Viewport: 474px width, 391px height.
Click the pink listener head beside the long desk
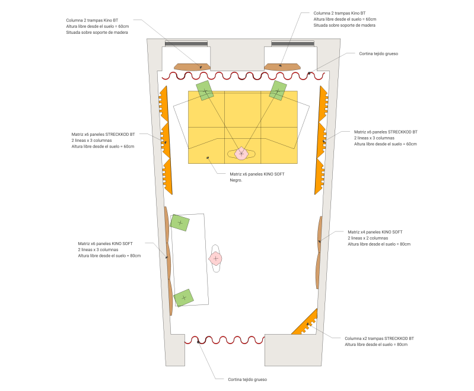pos(215,258)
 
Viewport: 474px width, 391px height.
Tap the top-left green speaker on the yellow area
pos(205,91)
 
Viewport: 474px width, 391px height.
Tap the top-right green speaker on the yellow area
pos(278,90)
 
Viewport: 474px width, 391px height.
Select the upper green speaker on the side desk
pos(180,222)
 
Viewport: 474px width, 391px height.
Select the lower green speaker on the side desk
pos(184,297)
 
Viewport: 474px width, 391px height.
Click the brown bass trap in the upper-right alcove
pos(281,67)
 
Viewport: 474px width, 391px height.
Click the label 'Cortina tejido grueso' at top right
pos(378,53)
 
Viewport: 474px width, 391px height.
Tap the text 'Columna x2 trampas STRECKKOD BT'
pos(379,338)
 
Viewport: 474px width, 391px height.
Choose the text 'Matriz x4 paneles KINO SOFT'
pos(375,231)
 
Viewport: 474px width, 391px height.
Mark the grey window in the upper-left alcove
pos(186,43)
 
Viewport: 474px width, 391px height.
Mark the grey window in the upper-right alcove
pos(292,43)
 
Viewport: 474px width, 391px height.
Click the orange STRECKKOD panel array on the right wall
pos(322,140)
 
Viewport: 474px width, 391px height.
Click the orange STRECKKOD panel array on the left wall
pos(166,140)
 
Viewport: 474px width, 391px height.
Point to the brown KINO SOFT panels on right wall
pos(319,252)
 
